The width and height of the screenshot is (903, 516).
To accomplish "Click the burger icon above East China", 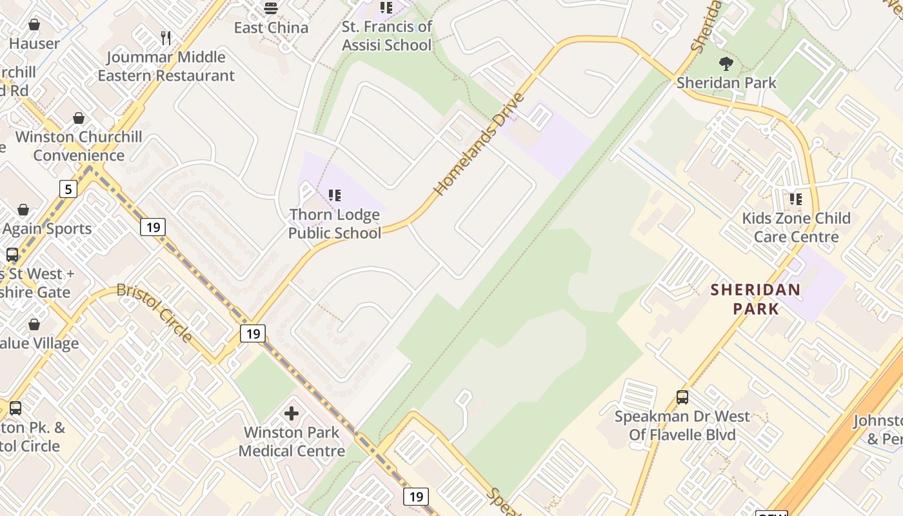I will pyautogui.click(x=271, y=8).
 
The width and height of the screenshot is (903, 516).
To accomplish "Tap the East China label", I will pyautogui.click(x=271, y=28).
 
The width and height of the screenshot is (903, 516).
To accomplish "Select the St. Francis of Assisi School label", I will pyautogui.click(x=386, y=36).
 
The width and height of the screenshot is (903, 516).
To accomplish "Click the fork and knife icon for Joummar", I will pyautogui.click(x=166, y=37).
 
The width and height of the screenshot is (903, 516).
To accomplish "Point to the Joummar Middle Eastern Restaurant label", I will pyautogui.click(x=166, y=66).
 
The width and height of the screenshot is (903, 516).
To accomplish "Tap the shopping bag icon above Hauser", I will pyautogui.click(x=34, y=25).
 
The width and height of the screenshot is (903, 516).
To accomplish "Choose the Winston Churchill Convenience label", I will pyautogui.click(x=79, y=146).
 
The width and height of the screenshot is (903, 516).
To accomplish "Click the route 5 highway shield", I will pyautogui.click(x=68, y=189).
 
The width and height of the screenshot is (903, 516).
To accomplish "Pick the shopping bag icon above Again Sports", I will pyautogui.click(x=23, y=210).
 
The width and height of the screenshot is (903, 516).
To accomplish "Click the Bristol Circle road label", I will pyautogui.click(x=155, y=312).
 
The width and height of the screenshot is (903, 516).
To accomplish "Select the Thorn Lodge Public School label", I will pyautogui.click(x=334, y=224).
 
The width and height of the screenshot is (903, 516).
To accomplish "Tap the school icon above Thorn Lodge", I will pyautogui.click(x=334, y=195).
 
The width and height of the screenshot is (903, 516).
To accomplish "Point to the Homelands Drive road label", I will pyautogui.click(x=479, y=144).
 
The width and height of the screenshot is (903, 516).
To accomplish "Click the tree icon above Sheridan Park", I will pyautogui.click(x=726, y=63).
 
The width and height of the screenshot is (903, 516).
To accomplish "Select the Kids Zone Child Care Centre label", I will pyautogui.click(x=796, y=228).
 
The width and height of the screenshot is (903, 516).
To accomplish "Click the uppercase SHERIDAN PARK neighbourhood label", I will pyautogui.click(x=755, y=299).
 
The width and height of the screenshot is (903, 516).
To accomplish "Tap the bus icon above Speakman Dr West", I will pyautogui.click(x=682, y=397).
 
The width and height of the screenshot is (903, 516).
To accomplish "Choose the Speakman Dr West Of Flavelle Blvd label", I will pyautogui.click(x=682, y=426).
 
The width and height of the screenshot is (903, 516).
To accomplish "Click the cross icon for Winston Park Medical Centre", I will pyautogui.click(x=292, y=413).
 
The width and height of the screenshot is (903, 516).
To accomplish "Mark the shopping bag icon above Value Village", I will pyautogui.click(x=34, y=324).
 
